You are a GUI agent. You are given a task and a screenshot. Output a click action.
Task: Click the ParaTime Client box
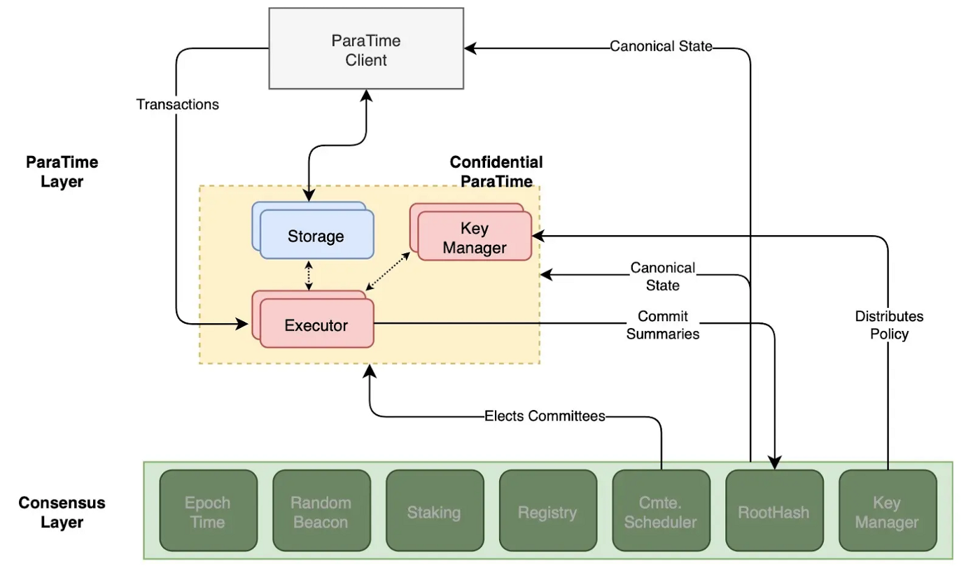tap(366, 48)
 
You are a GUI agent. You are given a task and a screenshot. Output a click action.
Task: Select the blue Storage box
tap(316, 235)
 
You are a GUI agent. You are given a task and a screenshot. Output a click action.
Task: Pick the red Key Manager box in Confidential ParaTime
tap(474, 237)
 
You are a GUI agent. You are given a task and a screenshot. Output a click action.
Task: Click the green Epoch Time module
tap(208, 511)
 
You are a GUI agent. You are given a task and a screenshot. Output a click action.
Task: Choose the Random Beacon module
tap(321, 511)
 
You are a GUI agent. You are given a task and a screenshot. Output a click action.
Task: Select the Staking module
tap(434, 511)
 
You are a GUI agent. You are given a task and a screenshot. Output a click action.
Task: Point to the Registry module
tap(547, 511)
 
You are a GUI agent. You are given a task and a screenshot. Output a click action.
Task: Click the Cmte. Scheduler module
tap(660, 511)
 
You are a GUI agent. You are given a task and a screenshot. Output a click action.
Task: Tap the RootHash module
tap(773, 511)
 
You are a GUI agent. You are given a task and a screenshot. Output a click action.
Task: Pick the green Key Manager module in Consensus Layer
tap(886, 511)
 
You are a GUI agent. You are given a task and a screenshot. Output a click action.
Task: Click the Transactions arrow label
tap(177, 104)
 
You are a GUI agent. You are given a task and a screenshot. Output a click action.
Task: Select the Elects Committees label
tap(545, 416)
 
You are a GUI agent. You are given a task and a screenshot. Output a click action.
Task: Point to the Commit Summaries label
tap(662, 325)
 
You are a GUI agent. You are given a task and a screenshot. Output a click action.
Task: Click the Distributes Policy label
tap(889, 325)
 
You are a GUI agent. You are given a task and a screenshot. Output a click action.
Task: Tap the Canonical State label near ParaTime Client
tap(661, 46)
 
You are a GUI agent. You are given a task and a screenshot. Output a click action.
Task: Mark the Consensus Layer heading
tap(62, 512)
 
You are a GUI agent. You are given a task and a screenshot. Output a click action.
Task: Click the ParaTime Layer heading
tap(62, 172)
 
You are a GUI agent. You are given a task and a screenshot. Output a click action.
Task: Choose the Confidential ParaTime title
tap(496, 171)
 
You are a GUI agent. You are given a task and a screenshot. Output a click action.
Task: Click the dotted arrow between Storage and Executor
tap(309, 275)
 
